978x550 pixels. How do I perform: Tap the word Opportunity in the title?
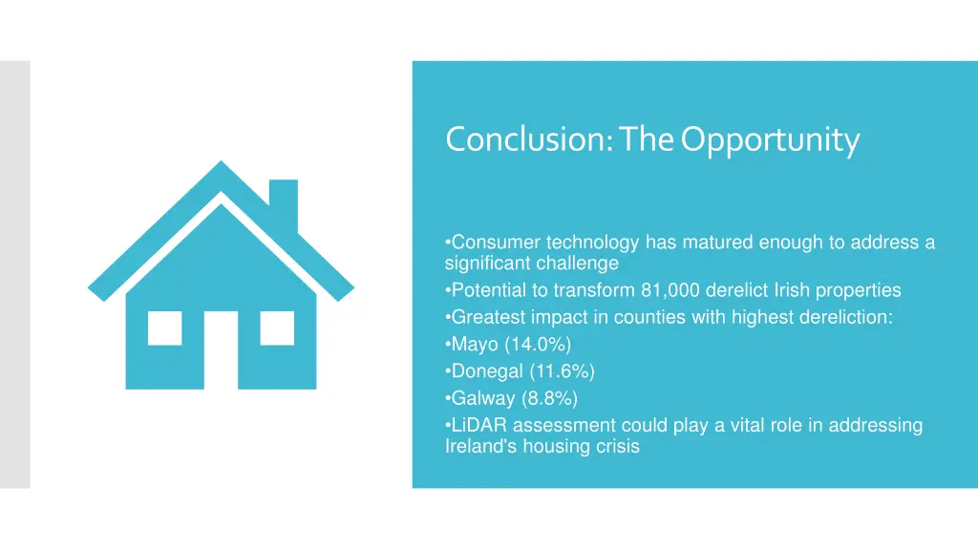[770, 139]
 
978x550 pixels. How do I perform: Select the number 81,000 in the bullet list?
[669, 290]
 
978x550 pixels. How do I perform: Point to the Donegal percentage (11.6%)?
[561, 371]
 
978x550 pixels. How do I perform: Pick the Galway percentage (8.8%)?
[547, 398]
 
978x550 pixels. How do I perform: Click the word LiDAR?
[479, 426]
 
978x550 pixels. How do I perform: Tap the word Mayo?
[475, 345]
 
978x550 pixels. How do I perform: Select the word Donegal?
[486, 371]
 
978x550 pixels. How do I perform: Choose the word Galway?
[482, 398]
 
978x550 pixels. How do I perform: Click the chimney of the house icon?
[283, 202]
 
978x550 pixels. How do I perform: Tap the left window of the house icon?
[164, 328]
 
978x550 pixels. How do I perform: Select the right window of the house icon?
[277, 328]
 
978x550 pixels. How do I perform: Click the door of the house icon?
[221, 349]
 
